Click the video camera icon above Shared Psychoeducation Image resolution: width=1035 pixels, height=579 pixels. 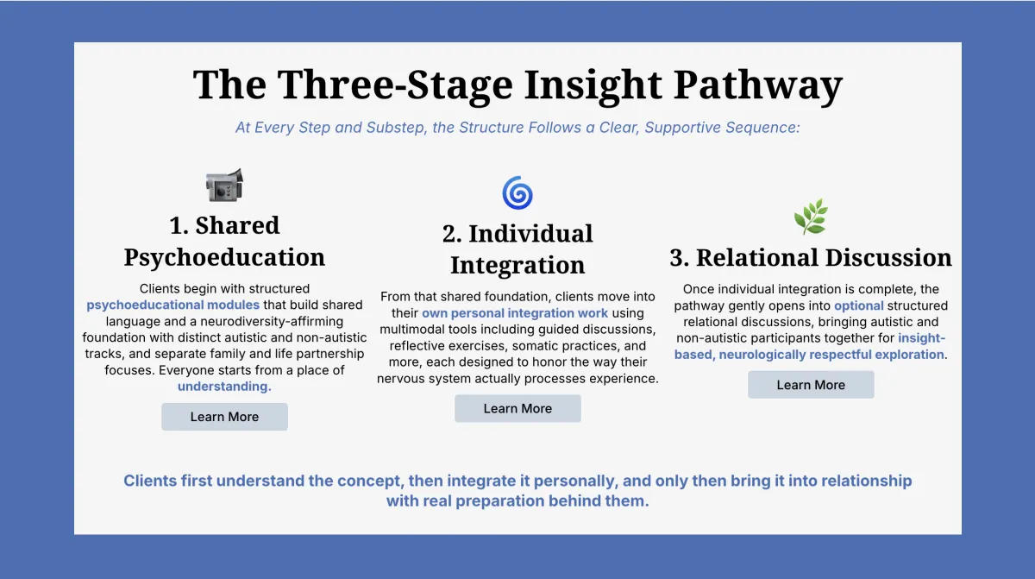tap(224, 185)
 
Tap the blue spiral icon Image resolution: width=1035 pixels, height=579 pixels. tap(517, 193)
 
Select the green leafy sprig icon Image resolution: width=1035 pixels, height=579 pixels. tap(811, 217)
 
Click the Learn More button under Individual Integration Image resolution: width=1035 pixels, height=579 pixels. tap(517, 408)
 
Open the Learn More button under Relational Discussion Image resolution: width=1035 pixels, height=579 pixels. tap(811, 385)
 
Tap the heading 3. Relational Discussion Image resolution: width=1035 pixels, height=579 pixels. tap(811, 257)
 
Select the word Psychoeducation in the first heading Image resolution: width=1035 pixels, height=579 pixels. tap(224, 257)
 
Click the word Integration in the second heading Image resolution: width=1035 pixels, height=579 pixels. tap(517, 265)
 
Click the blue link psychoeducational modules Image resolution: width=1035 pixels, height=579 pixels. tap(172, 305)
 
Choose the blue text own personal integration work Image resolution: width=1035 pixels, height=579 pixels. tap(515, 313)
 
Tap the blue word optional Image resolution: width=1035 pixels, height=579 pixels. tap(859, 305)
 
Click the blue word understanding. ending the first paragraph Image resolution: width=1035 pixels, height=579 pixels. tap(224, 387)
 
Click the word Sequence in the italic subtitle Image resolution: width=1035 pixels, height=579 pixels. tap(767, 128)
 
